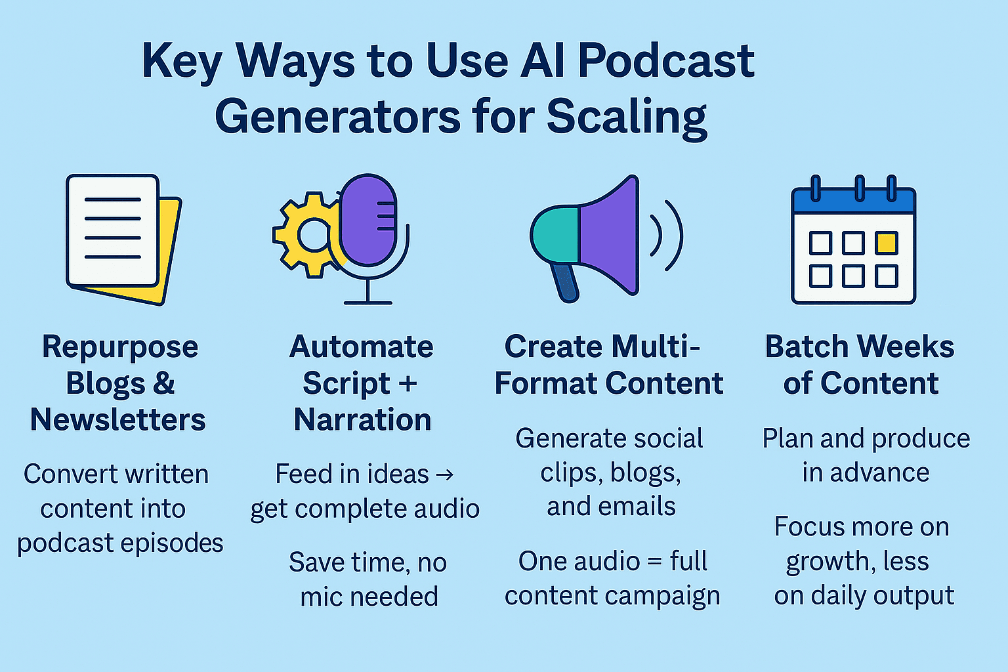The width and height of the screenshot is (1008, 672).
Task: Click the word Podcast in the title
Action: coord(665,61)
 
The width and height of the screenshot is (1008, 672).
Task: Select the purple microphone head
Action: coord(368,220)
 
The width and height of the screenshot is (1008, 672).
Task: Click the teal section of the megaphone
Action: coord(555,234)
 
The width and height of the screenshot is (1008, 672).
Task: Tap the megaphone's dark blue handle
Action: coord(566,283)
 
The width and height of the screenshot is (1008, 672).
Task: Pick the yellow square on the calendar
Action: coord(887,243)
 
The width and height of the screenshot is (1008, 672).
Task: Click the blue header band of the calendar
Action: coord(854,201)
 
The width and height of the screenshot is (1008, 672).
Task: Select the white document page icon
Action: coord(112,230)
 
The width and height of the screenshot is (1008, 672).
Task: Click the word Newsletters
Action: coord(118,419)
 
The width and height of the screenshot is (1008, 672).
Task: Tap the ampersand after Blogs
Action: coord(163,383)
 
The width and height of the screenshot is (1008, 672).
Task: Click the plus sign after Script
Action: coord(408,384)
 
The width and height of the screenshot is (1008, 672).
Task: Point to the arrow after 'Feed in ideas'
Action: coord(444,474)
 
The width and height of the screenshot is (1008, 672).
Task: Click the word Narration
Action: coord(363,419)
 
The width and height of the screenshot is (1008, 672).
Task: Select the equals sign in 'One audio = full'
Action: coord(655,562)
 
